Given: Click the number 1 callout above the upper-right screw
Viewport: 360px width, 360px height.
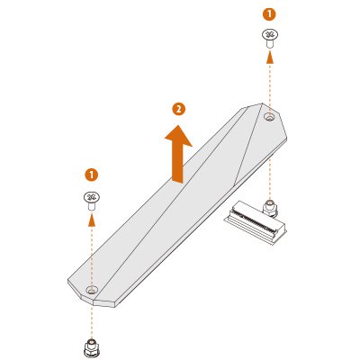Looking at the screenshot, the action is (269, 14).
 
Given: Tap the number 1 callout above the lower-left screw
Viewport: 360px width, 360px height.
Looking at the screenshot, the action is (92, 175).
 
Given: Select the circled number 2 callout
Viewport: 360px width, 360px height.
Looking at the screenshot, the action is (179, 109).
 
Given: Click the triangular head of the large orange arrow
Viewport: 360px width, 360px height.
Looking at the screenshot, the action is (178, 136).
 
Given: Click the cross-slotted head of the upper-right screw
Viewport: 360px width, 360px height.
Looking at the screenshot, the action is (270, 34).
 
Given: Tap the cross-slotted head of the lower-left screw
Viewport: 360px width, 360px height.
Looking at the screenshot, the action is (92, 197).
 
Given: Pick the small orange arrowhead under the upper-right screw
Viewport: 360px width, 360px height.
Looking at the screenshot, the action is (270, 57).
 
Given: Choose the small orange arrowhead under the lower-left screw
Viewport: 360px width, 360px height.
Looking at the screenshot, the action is (92, 220).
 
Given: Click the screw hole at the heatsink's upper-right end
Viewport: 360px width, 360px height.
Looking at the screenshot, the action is (270, 116).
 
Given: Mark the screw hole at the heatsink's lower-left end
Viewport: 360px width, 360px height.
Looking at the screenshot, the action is (92, 290).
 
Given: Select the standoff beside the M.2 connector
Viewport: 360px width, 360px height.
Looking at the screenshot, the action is (270, 209).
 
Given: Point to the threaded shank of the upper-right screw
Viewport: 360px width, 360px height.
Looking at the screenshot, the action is (270, 43).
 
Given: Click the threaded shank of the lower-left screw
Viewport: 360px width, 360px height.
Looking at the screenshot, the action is (92, 206).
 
